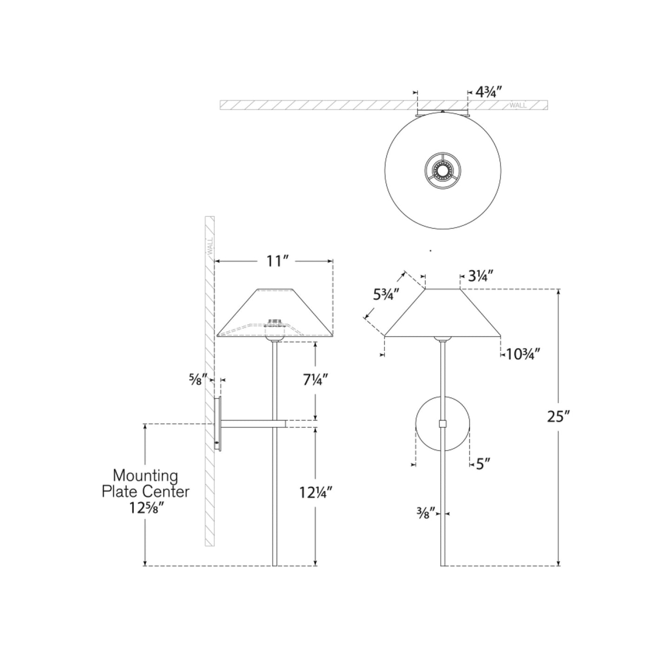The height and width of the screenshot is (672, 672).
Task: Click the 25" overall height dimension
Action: (558, 417)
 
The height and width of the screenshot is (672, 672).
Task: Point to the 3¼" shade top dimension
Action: (480, 277)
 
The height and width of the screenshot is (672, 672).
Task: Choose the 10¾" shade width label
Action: (523, 354)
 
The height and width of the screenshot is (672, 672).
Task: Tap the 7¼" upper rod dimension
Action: (316, 380)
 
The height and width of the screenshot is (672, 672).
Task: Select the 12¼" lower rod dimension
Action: (316, 492)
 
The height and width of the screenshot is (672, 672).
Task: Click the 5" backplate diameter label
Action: (483, 464)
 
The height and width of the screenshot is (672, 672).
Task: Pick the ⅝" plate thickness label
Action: (195, 379)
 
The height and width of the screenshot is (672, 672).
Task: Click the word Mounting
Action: (146, 476)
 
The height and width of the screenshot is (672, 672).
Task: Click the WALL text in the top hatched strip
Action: (518, 105)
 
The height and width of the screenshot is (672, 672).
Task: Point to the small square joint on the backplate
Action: (443, 424)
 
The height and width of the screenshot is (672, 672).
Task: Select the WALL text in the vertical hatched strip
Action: (210, 245)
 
